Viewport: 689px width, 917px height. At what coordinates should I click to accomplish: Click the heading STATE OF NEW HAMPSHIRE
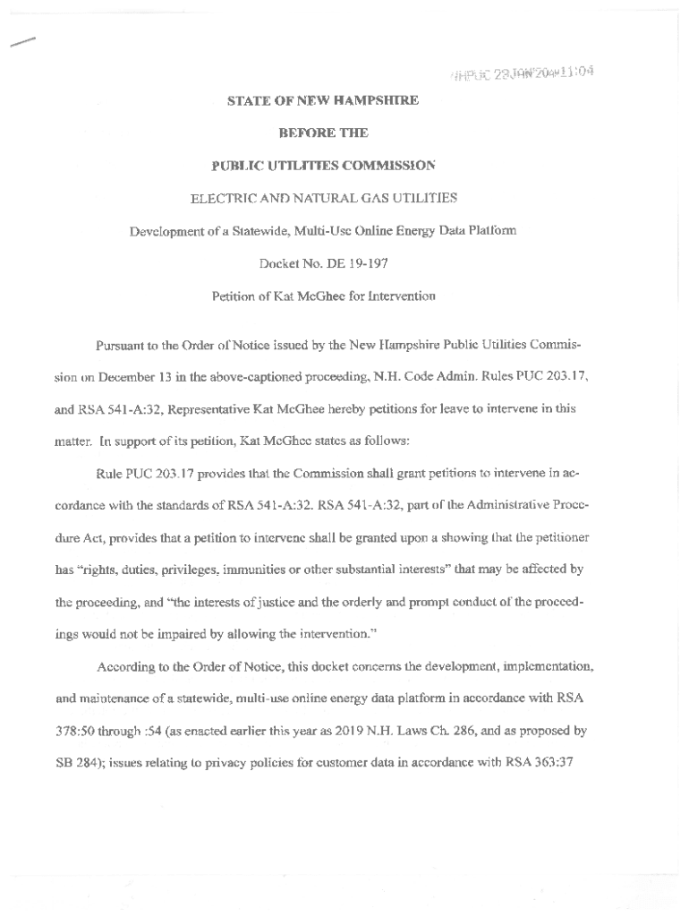323,101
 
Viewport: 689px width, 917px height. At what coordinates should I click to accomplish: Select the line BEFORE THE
323,133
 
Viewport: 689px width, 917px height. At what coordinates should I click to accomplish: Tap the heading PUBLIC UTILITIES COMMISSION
323,165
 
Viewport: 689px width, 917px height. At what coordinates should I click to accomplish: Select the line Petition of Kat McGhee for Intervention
323,296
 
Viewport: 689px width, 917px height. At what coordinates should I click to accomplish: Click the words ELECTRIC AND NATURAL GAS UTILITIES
323,197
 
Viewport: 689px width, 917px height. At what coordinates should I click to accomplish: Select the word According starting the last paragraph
126,666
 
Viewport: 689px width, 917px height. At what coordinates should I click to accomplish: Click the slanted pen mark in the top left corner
23,40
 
